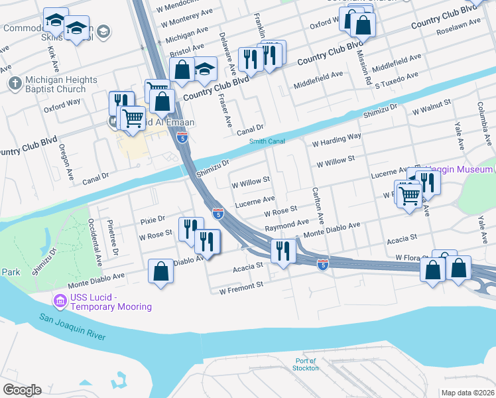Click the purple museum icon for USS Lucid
[60, 302]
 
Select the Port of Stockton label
[306, 364]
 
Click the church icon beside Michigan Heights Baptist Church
[15, 84]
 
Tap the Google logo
[23, 390]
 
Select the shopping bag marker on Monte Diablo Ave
[160, 271]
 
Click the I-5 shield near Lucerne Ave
[217, 213]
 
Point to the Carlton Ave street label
[317, 204]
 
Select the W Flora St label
[412, 257]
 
